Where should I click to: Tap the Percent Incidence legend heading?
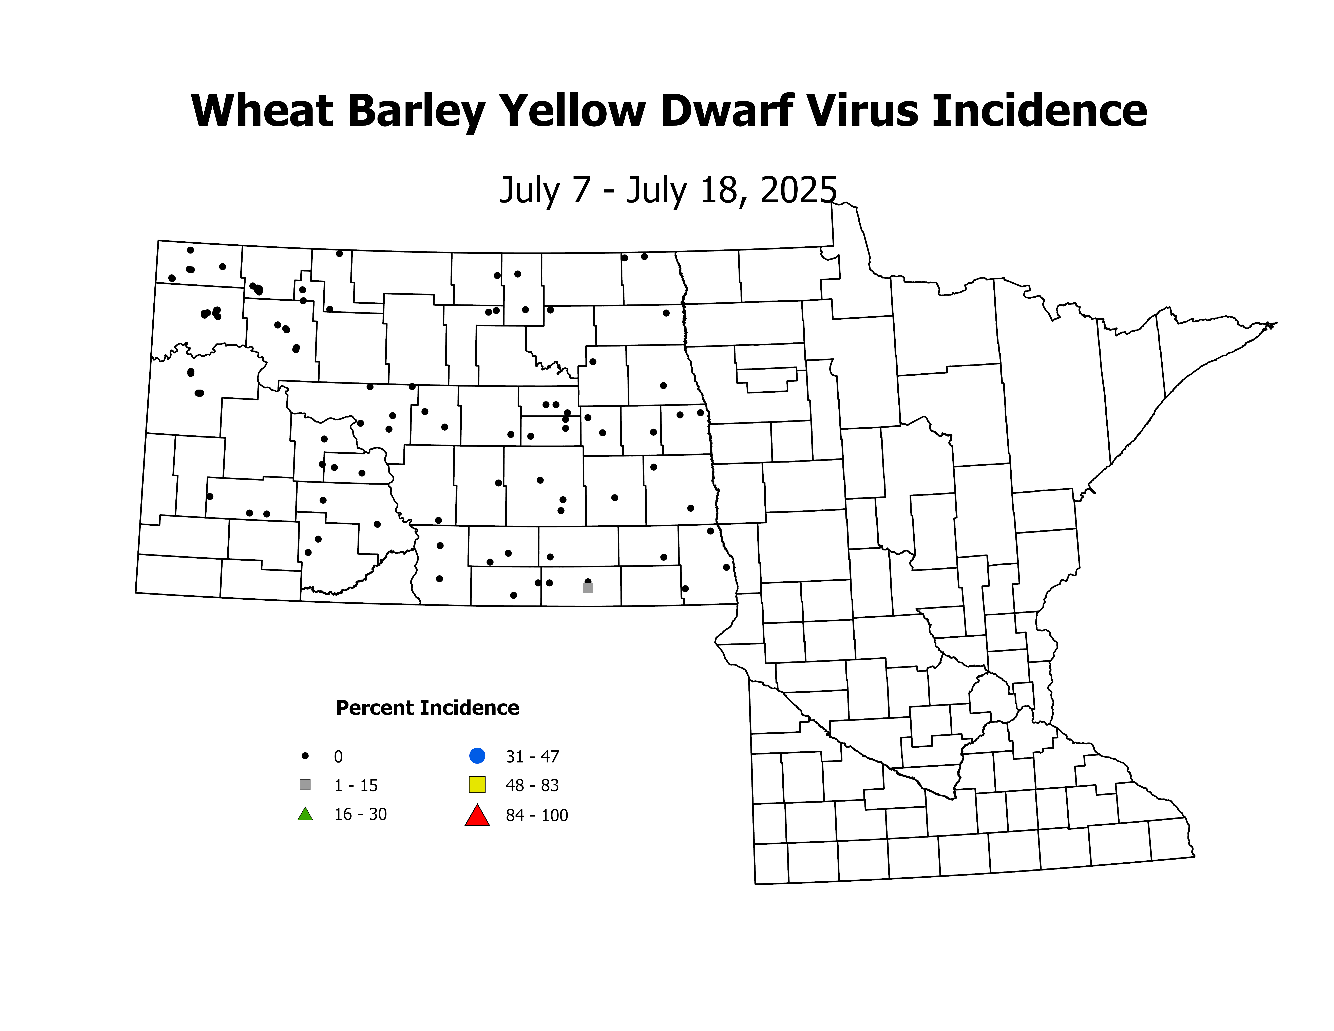(427, 708)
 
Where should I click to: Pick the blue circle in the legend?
(477, 755)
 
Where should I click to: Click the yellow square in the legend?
(477, 785)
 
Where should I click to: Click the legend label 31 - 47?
(532, 757)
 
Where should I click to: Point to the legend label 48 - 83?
(532, 785)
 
